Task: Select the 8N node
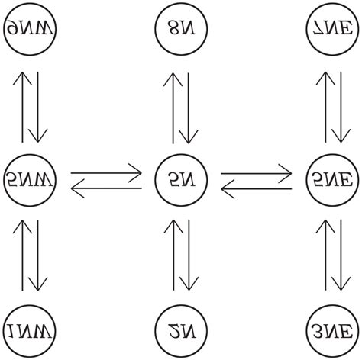(x=181, y=30)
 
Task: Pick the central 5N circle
(x=181, y=180)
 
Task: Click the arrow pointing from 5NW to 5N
(x=106, y=172)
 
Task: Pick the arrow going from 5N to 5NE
(x=257, y=172)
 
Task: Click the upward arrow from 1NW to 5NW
(x=23, y=256)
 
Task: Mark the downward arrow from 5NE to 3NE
(x=339, y=256)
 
